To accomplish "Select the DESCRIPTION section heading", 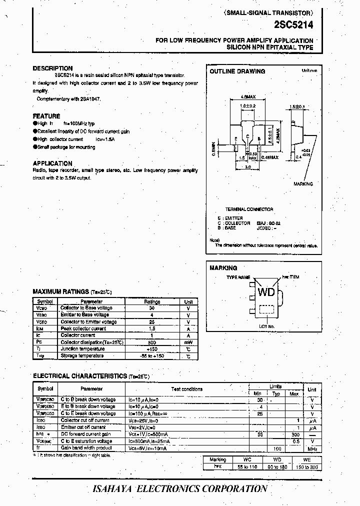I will click(x=52, y=68).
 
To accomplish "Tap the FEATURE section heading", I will click(x=46, y=116).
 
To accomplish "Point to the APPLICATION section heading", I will click(x=52, y=163).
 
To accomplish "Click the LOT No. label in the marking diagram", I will click(x=267, y=326).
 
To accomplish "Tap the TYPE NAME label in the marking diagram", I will click(x=238, y=277).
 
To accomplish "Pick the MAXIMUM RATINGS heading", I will click(x=60, y=291).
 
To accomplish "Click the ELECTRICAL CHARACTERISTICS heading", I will click(x=79, y=376).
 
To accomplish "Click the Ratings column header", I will click(x=152, y=302).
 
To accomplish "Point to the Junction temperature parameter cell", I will click(x=82, y=349).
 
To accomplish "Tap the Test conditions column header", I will click(x=187, y=388).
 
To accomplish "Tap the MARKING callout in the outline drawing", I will click(x=303, y=184).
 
